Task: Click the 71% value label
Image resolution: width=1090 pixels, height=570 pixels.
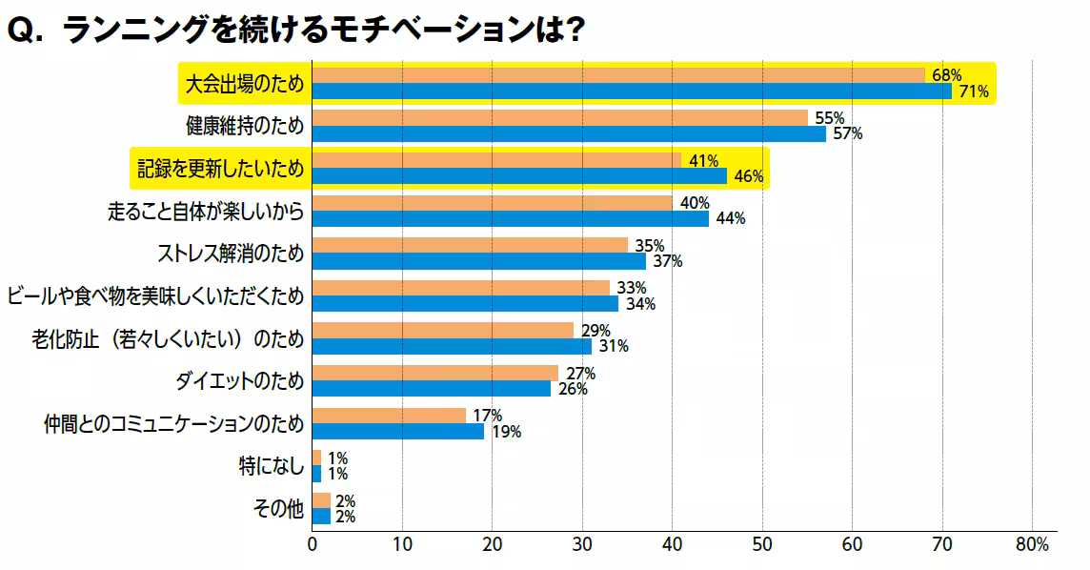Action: (974, 92)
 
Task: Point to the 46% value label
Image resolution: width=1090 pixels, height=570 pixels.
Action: (749, 176)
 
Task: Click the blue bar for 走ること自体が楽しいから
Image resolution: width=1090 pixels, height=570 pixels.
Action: (510, 219)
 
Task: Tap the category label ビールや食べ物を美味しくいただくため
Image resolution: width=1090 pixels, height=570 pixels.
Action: (155, 296)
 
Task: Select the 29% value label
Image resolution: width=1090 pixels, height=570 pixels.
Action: (595, 331)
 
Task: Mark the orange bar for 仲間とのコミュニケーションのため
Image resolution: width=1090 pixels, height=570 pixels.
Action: (389, 415)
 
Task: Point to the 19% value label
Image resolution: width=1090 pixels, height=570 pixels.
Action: (506, 432)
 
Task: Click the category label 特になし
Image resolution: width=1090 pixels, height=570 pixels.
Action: (272, 466)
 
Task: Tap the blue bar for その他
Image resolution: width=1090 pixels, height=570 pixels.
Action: (321, 517)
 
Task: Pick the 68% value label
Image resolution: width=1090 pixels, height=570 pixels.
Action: (947, 75)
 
